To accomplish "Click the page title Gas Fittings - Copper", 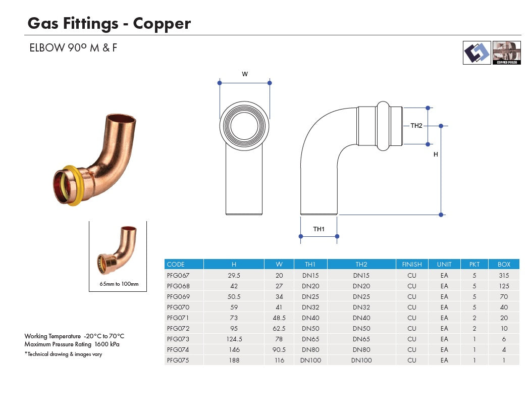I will pyautogui.click(x=109, y=23).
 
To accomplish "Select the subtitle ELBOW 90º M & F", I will pyautogui.click(x=73, y=48).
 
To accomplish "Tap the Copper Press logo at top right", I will pyautogui.click(x=506, y=53).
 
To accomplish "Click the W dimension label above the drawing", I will pyautogui.click(x=245, y=74).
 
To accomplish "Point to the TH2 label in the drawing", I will pyautogui.click(x=416, y=126).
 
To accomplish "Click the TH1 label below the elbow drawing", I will pyautogui.click(x=319, y=229).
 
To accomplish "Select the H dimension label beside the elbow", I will pyautogui.click(x=436, y=155).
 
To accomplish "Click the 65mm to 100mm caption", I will pyautogui.click(x=119, y=284).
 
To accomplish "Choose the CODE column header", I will pyautogui.click(x=176, y=264).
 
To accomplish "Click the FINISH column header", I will pyautogui.click(x=412, y=264).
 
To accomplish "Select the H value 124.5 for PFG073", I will pyautogui.click(x=234, y=339).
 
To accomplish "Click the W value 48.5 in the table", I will pyautogui.click(x=279, y=318).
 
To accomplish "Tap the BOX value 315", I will pyautogui.click(x=503, y=275).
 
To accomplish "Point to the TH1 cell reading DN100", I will pyautogui.click(x=310, y=360).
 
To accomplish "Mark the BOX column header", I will pyautogui.click(x=503, y=264).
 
